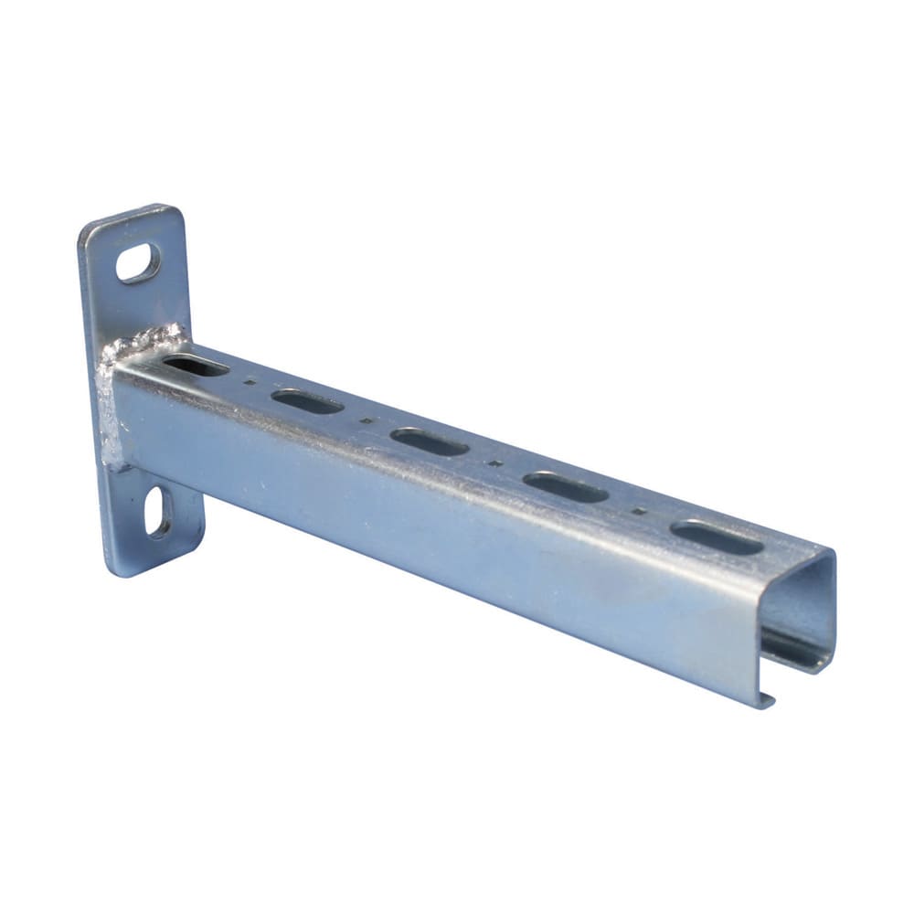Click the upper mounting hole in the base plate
pos(138,262)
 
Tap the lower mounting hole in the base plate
pos(159,512)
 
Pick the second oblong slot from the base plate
pos(307,401)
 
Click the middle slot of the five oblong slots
pos(429,441)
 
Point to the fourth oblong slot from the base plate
pos(566,487)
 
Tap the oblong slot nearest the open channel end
pos(717,537)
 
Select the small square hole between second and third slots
pos(366,420)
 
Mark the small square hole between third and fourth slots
pos(495,462)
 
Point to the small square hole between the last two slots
pos(639,510)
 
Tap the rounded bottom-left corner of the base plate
pos(114,569)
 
